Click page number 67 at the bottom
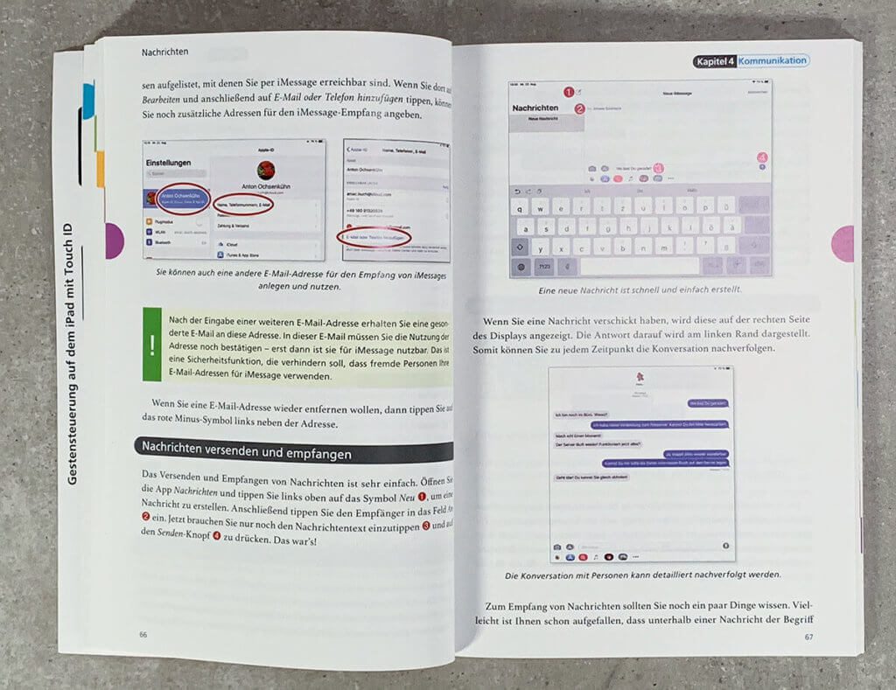pos(808,636)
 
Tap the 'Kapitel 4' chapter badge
pos(714,61)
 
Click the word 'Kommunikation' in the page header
pos(771,61)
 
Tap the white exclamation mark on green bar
pos(152,345)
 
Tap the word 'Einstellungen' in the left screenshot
pos(175,164)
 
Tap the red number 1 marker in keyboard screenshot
pos(567,91)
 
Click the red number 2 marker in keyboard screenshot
pos(578,108)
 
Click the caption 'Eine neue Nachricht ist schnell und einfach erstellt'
pos(642,289)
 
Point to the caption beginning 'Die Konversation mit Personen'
pos(642,575)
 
